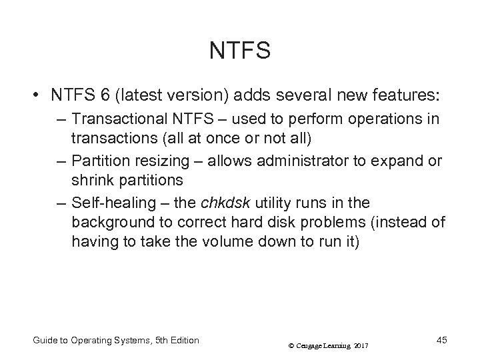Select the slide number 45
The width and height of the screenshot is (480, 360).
point(440,340)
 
